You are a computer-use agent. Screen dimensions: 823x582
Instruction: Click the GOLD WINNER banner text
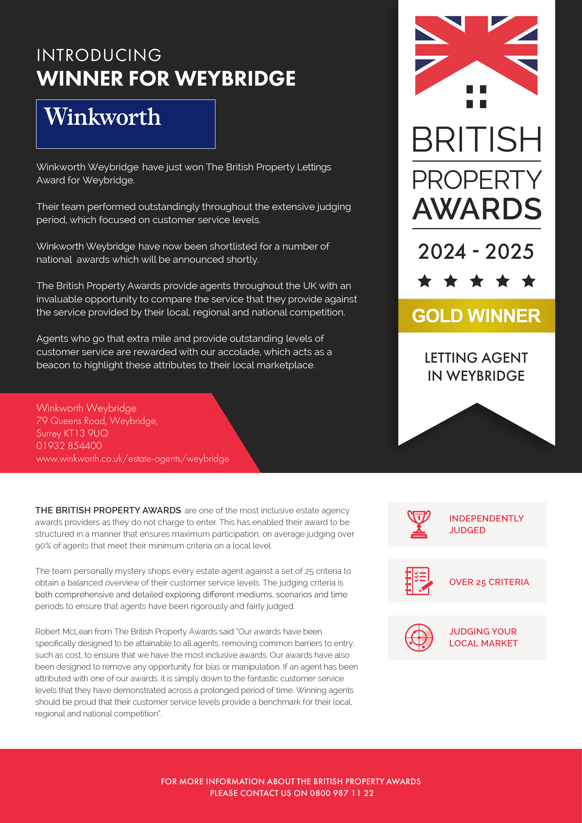(476, 316)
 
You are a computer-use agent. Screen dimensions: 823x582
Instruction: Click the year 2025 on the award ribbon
(509, 252)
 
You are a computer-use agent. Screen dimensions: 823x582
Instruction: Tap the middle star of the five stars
(477, 281)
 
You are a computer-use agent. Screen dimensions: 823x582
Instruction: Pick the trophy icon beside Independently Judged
(418, 524)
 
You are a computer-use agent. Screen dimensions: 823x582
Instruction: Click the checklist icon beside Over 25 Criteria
(418, 581)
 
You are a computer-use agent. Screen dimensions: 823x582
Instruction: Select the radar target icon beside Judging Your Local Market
(418, 638)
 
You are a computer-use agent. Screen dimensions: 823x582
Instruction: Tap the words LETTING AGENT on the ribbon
(476, 358)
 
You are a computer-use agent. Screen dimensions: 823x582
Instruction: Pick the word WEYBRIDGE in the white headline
(236, 79)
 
